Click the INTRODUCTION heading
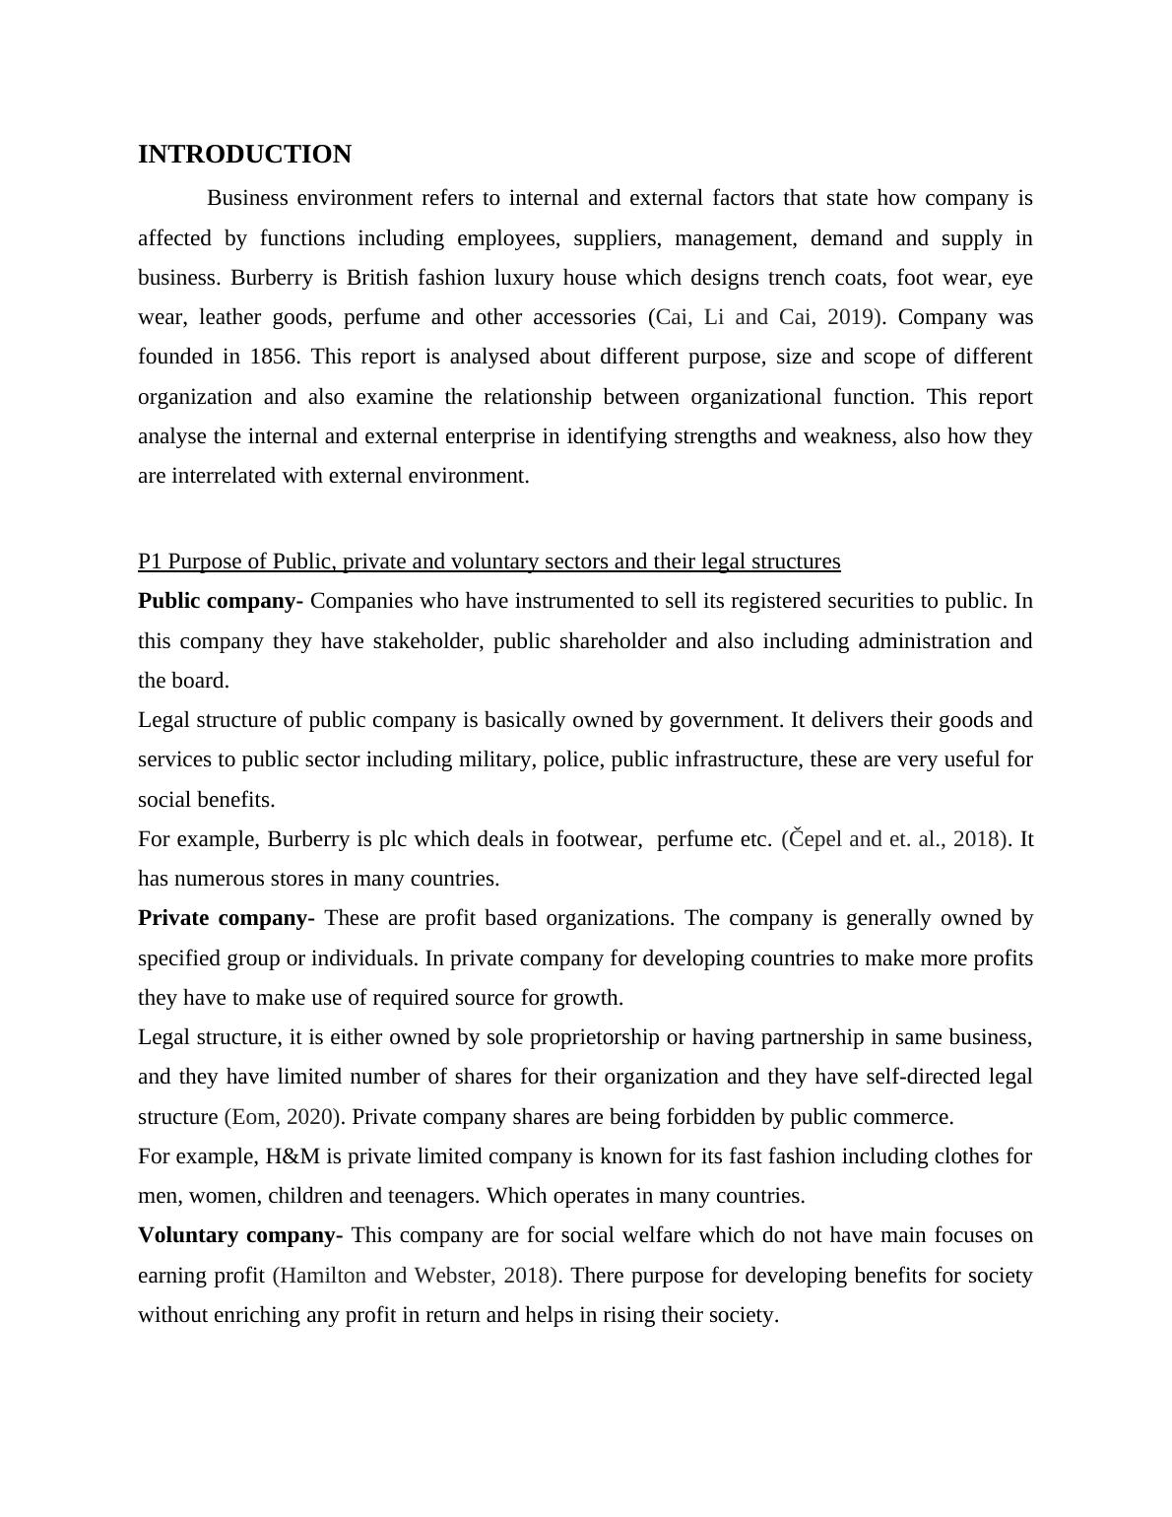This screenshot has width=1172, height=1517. tap(244, 155)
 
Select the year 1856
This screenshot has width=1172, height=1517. tap(274, 357)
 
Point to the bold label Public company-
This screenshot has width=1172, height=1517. tap(221, 601)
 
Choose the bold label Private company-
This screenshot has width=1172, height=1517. tap(226, 918)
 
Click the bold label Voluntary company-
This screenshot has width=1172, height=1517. tap(240, 1235)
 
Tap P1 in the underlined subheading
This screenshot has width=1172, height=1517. tap(150, 561)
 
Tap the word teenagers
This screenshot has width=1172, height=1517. tap(433, 1196)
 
